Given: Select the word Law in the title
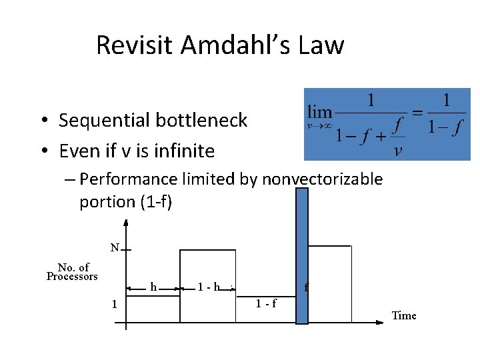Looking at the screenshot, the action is tap(321, 45).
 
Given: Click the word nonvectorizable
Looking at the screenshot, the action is tap(323, 179).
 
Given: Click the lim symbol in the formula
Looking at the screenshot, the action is tap(320, 111).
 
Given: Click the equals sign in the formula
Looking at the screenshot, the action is tap(417, 112).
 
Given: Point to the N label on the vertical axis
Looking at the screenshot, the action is tap(115, 248).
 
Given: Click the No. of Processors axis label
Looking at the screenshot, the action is tap(73, 272).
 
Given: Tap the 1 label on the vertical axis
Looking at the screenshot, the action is tap(115, 304).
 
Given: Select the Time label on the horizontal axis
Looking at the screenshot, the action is tap(404, 315).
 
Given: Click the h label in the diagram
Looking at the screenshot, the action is tap(154, 287).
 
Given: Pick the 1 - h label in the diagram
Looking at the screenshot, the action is tap(209, 287).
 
